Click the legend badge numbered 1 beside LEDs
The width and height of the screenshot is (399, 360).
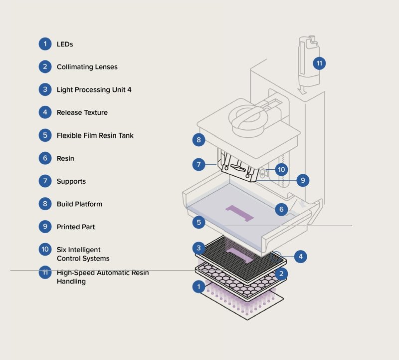[45, 44]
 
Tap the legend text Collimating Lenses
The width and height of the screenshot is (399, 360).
[87, 67]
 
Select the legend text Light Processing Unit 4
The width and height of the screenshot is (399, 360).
[94, 90]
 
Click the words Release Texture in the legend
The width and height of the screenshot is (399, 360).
[82, 113]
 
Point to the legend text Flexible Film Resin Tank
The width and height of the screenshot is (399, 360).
[95, 135]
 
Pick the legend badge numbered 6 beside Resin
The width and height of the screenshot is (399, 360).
[45, 158]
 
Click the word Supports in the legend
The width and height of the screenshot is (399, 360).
[71, 181]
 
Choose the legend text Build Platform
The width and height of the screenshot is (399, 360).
[79, 204]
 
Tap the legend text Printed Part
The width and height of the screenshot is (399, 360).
[75, 227]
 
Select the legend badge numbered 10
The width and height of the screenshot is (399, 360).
[45, 249]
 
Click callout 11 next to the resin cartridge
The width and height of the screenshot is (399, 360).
[319, 63]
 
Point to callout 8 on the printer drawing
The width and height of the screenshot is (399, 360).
[199, 140]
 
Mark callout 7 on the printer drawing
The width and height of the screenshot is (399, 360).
[199, 164]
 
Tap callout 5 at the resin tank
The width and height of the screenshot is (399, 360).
[199, 222]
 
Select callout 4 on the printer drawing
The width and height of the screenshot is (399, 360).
[300, 257]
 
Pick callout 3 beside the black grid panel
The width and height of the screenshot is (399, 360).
[199, 248]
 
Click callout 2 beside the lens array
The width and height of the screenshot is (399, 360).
[281, 273]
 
